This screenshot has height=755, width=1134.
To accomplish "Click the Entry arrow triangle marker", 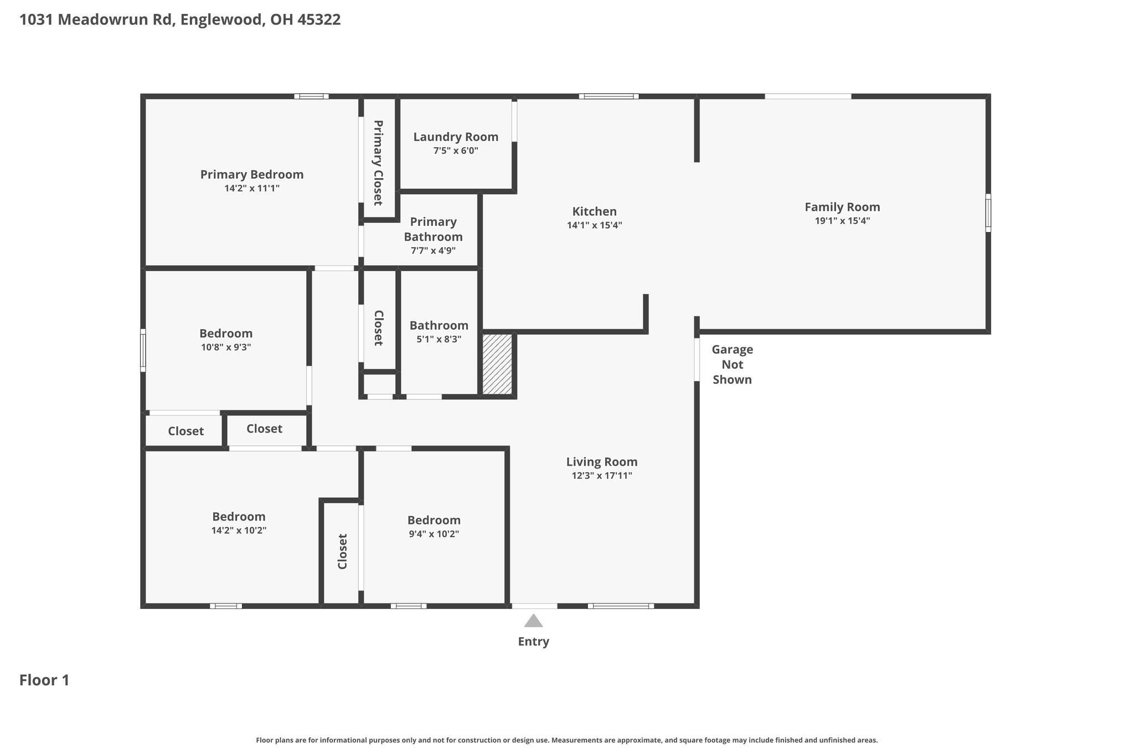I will tap(533, 621).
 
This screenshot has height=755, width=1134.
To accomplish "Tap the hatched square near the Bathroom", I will tap(497, 364).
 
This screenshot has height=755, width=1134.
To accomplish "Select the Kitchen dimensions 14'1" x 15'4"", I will tap(594, 225).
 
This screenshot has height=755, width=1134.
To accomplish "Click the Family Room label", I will tap(842, 207).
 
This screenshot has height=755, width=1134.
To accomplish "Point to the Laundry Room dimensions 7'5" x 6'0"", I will tap(455, 150).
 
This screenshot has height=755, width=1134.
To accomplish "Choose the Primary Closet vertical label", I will tap(378, 162).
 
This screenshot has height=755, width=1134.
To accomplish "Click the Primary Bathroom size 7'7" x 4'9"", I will tap(433, 251).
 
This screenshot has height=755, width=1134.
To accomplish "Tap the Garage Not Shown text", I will tap(732, 365).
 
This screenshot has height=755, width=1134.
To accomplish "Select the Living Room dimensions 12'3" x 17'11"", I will tap(601, 476).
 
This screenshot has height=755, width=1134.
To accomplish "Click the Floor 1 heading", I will tap(44, 680).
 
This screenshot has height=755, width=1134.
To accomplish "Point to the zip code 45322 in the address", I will tap(319, 20).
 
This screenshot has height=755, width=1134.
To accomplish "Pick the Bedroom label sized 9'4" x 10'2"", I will tap(434, 520).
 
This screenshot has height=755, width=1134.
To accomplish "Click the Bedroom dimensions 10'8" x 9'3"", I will tap(226, 347).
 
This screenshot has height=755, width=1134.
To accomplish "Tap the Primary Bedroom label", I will tap(252, 174).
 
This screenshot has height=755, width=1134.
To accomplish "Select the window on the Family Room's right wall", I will tap(988, 212).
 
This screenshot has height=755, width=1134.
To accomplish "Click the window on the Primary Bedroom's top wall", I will tap(311, 96).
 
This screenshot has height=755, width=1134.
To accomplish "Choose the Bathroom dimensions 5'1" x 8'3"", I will tap(439, 339).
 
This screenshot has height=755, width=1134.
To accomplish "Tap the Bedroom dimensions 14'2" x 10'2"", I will tap(239, 530).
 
